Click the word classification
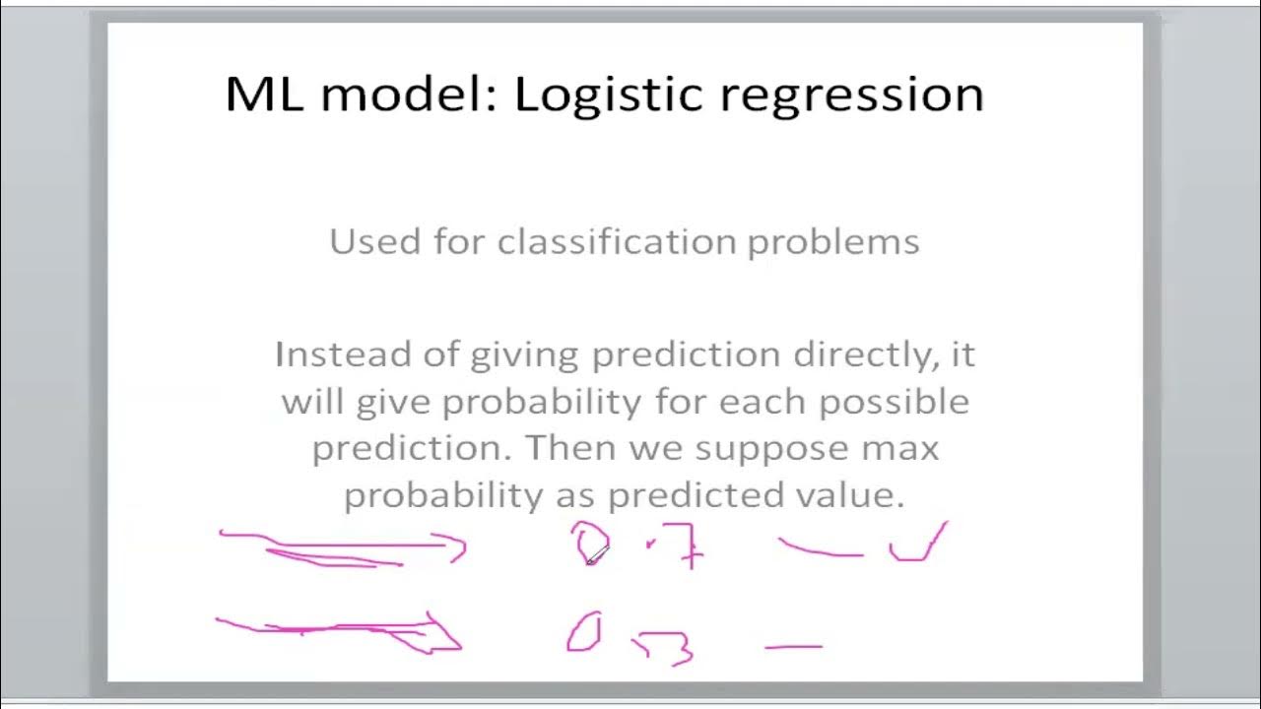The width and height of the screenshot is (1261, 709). click(617, 241)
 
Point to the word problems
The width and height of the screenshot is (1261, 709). click(833, 241)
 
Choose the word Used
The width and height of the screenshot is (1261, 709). click(373, 241)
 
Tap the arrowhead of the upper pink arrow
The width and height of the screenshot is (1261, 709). click(456, 548)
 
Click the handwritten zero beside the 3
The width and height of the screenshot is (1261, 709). click(583, 631)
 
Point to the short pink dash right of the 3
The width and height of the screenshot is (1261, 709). click(793, 647)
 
